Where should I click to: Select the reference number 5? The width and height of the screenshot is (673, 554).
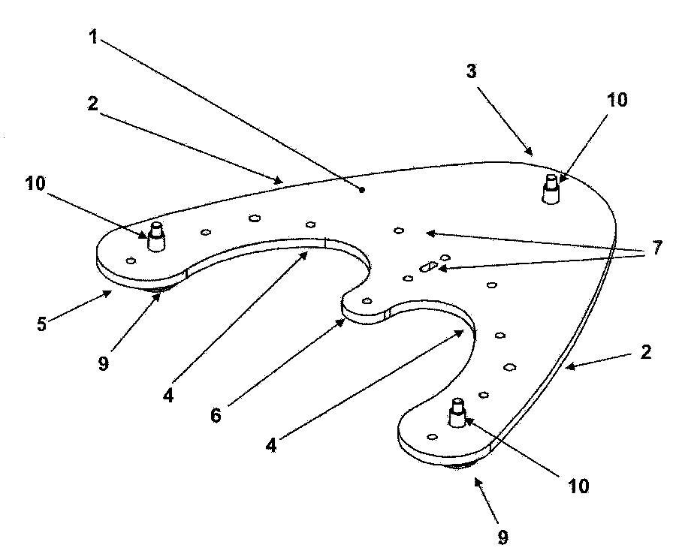(x=41, y=324)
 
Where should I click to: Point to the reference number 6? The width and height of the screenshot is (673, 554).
(x=216, y=415)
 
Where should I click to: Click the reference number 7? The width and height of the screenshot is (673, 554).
(x=657, y=248)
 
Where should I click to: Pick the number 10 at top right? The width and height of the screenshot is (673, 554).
(x=617, y=100)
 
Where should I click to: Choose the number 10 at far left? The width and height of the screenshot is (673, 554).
(x=35, y=183)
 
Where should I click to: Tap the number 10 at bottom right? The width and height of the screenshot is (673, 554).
(x=578, y=486)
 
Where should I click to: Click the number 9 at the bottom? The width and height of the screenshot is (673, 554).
(x=502, y=537)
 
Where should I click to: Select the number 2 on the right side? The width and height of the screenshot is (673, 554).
(x=645, y=352)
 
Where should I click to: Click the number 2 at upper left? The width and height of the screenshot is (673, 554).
(x=92, y=104)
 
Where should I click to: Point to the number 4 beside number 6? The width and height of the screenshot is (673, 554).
(x=271, y=445)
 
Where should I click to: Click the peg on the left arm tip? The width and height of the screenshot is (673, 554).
(x=156, y=237)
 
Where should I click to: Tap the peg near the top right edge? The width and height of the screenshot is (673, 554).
(x=551, y=189)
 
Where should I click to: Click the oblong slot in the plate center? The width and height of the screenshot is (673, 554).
(x=428, y=266)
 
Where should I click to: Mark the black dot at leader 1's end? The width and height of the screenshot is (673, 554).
(x=362, y=189)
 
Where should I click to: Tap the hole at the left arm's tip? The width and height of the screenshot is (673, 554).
(x=131, y=260)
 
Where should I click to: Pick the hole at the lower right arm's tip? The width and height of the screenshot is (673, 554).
(x=433, y=437)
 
